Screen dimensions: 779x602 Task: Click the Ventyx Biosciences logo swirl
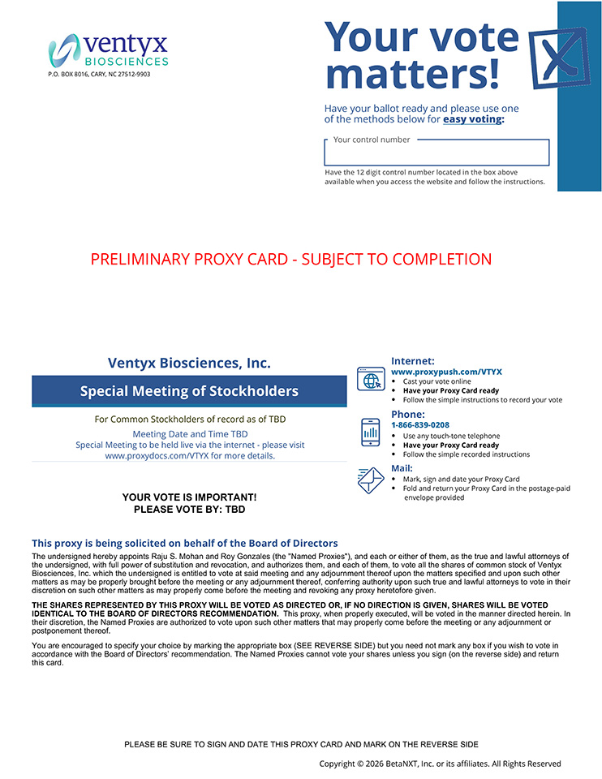pos(63,50)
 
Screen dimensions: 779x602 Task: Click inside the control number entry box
pos(436,154)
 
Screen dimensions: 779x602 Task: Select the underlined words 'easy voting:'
pos(473,119)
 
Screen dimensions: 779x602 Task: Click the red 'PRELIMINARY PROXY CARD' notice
pos(291,260)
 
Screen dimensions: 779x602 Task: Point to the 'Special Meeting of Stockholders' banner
pos(189,391)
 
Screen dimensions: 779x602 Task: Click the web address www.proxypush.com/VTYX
pos(446,372)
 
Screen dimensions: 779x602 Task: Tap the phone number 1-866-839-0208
pos(419,425)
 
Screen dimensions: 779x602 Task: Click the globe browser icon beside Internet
pos(371,379)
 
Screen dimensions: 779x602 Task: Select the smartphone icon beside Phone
pos(371,432)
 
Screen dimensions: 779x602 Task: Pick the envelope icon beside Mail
pos(371,480)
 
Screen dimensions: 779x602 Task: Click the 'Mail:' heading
pos(402,468)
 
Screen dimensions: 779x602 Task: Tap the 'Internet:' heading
pos(412,361)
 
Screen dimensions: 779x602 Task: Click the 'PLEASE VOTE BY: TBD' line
pos(189,510)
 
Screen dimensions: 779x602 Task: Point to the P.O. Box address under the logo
pos(99,74)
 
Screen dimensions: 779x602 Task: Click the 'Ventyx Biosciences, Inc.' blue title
pos(189,364)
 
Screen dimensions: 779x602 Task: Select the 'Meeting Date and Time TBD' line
pos(190,434)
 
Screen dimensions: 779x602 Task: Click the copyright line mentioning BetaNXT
pos(440,764)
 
